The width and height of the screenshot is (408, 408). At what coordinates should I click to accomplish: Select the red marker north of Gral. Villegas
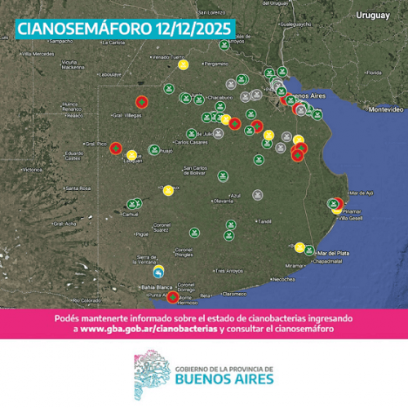tap(142, 102)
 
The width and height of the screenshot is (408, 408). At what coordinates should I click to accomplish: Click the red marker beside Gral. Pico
tap(116, 149)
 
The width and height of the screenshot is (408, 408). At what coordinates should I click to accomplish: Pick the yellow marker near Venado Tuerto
tap(184, 64)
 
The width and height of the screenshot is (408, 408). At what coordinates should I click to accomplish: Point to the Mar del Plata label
tap(334, 252)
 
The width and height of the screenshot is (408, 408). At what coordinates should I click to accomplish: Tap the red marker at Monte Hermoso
tap(172, 297)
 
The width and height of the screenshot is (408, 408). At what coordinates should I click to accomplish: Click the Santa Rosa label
tap(79, 188)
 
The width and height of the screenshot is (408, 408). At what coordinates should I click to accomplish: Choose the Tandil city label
tap(265, 221)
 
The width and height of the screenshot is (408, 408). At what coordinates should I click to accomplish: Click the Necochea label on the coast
tap(283, 279)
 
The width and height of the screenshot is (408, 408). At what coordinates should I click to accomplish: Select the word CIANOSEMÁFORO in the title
tap(78, 30)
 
